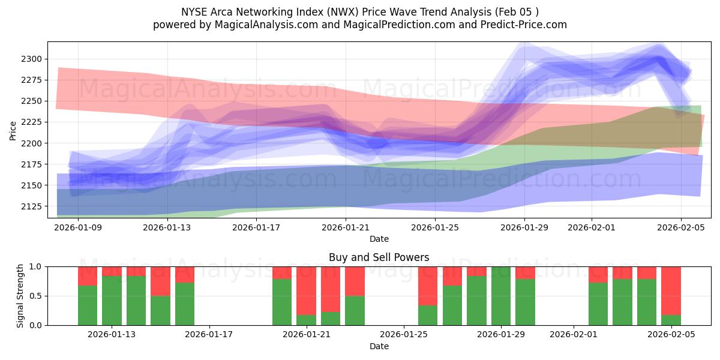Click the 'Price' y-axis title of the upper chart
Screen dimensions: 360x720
(x=13, y=130)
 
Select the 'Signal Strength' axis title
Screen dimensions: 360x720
(x=20, y=296)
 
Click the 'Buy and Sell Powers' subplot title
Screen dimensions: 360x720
(x=379, y=257)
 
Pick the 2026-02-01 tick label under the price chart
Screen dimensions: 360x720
(x=591, y=227)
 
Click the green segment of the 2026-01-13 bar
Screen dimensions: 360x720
(x=112, y=300)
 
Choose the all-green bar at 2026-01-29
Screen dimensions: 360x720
(x=500, y=296)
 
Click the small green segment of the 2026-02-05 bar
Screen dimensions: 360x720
(x=671, y=320)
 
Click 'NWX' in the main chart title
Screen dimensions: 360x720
(x=326, y=12)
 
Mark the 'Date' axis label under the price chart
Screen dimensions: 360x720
(x=379, y=239)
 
